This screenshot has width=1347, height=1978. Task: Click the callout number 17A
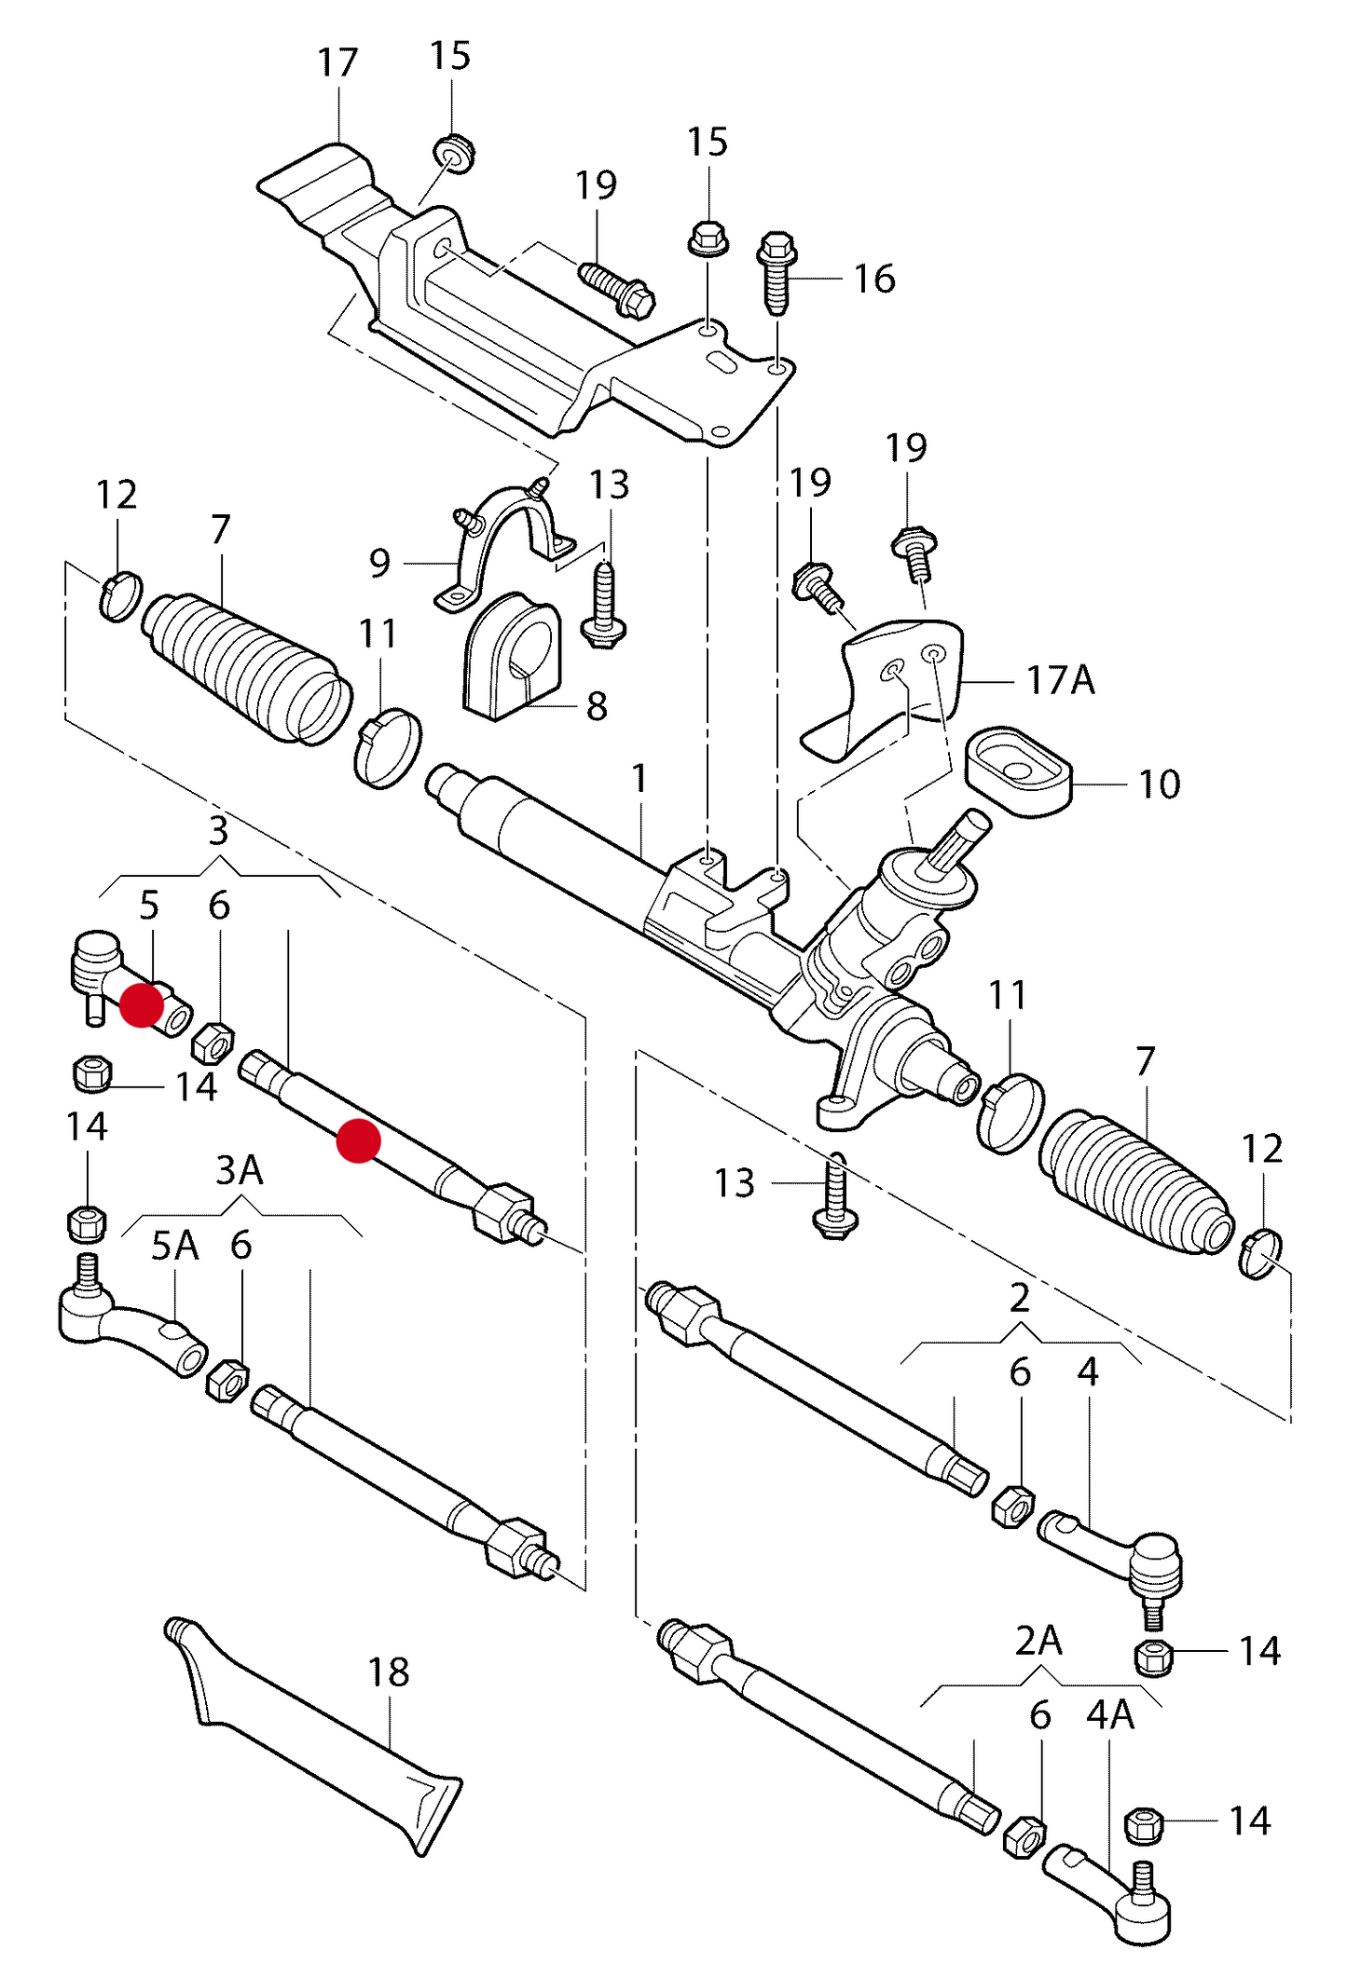(x=1060, y=681)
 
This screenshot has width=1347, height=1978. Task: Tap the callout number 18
(x=388, y=1672)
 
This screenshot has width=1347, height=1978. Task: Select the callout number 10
(x=1159, y=784)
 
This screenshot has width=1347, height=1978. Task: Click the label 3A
(x=240, y=1170)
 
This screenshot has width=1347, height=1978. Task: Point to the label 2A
(x=1038, y=1641)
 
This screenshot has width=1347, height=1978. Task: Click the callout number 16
(x=874, y=279)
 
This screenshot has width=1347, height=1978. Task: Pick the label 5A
(x=174, y=1245)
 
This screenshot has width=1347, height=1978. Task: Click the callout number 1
(x=639, y=778)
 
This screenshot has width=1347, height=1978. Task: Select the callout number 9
(x=379, y=563)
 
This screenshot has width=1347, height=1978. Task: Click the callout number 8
(x=597, y=706)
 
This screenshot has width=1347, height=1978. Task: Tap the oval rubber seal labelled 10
(x=1018, y=772)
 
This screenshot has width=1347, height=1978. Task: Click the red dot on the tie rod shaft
(x=358, y=1140)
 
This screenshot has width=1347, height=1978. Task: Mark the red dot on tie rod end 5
(x=142, y=1005)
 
